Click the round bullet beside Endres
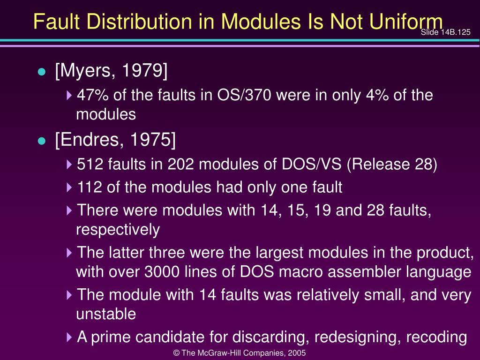tap(42, 141)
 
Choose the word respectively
tap(118, 230)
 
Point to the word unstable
tap(106, 314)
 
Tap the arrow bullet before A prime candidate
tap(70, 337)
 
